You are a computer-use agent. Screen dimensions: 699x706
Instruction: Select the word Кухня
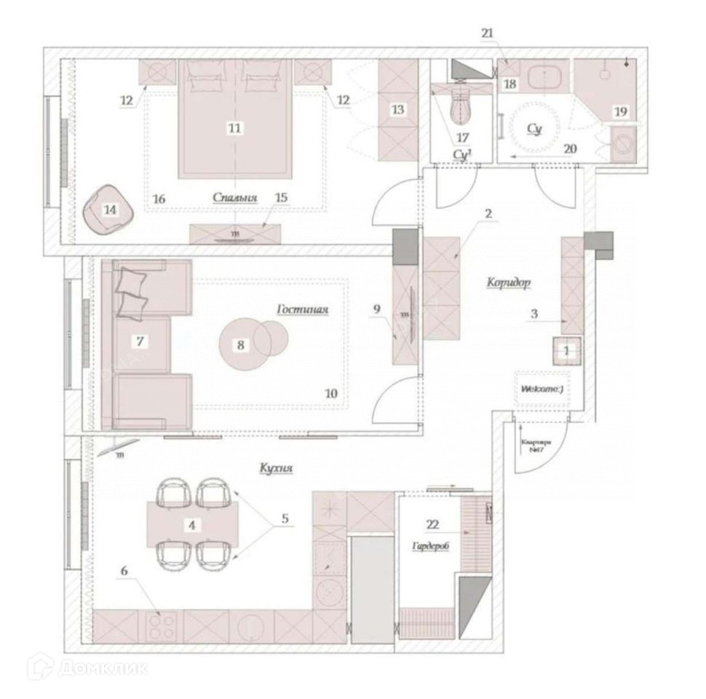point(276,470)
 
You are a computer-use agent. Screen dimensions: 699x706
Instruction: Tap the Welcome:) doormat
point(542,389)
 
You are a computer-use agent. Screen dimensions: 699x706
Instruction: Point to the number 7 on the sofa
point(141,340)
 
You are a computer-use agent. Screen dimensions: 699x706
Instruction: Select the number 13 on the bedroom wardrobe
point(397,109)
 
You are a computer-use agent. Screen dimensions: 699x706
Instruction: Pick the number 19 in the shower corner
point(619,111)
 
